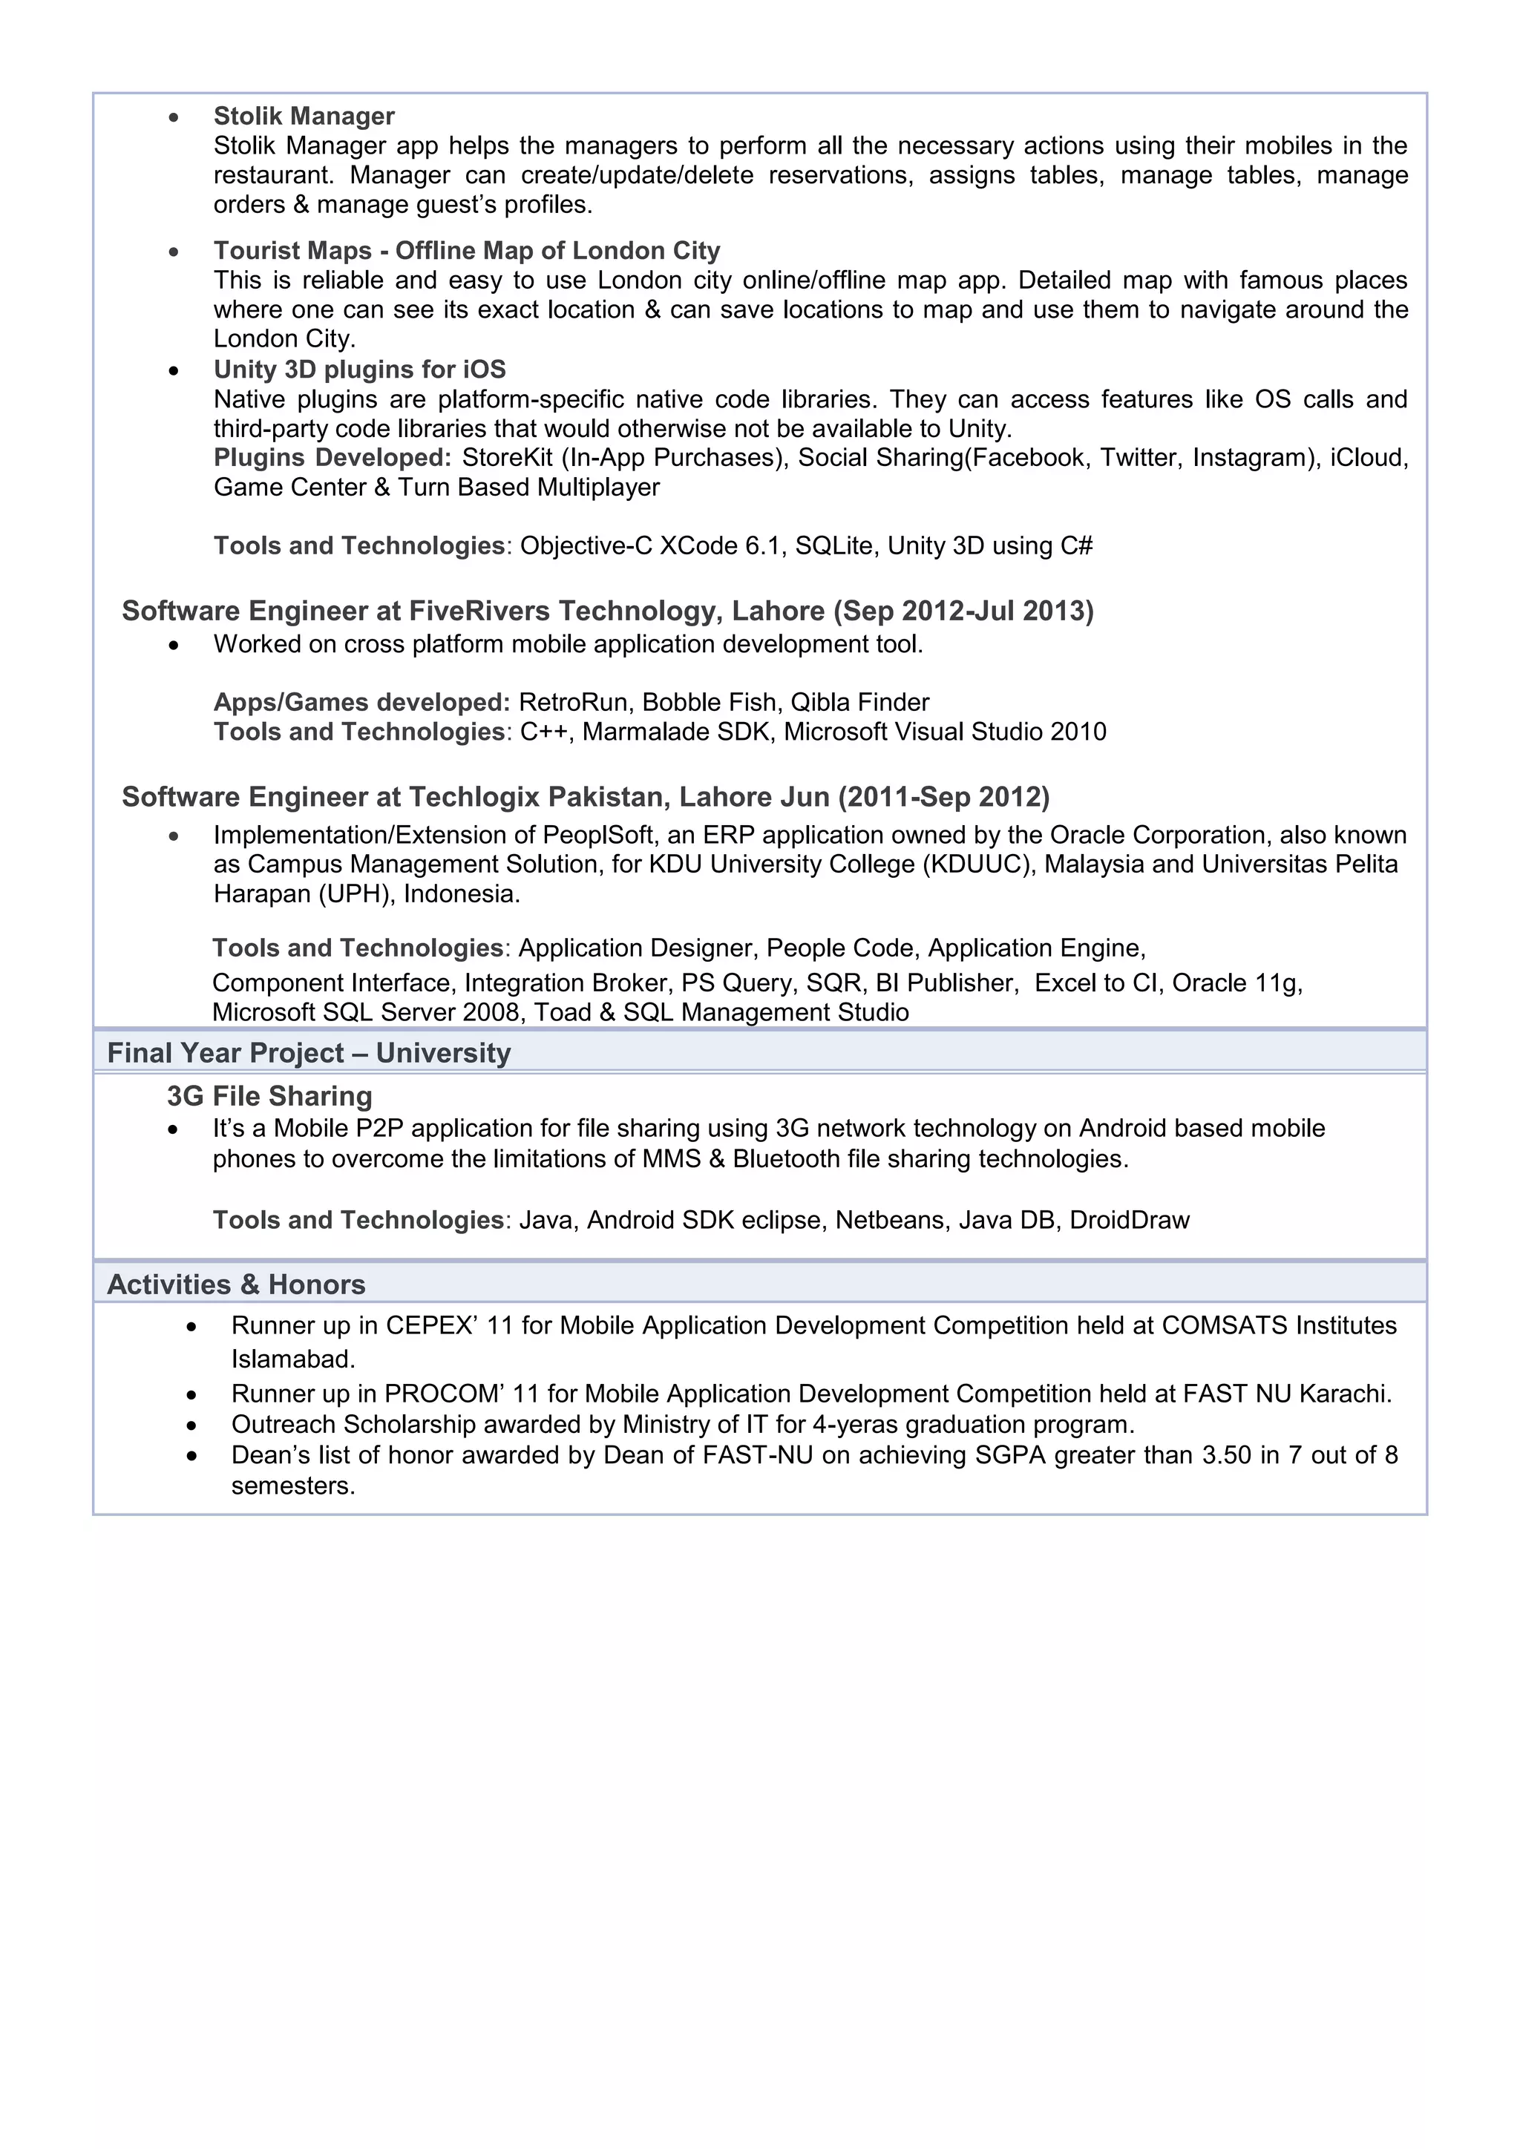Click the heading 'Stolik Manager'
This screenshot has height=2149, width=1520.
(304, 116)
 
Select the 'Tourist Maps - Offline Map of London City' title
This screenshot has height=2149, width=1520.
(466, 251)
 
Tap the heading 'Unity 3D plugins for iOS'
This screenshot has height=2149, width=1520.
(359, 370)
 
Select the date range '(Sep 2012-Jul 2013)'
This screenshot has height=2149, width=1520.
(963, 611)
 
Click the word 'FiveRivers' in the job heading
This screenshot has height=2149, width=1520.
(479, 611)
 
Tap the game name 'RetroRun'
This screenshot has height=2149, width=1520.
(573, 703)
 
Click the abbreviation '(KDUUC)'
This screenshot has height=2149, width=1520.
(978, 864)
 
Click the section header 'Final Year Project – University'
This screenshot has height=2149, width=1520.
(309, 1054)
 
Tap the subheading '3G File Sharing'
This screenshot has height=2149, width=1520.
(269, 1096)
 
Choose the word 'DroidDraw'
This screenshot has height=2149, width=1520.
(1129, 1221)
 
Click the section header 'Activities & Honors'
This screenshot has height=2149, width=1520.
(236, 1285)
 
